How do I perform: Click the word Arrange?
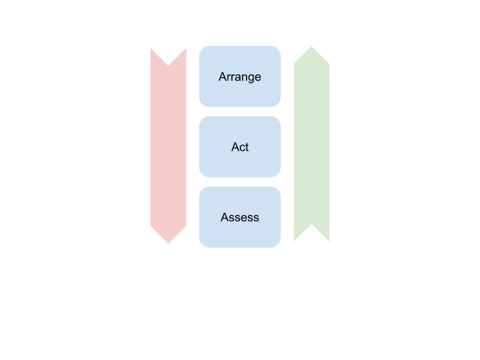click(x=239, y=77)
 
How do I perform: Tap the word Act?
click(x=239, y=147)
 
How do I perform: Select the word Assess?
click(x=239, y=217)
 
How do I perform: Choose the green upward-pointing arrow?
click(x=311, y=145)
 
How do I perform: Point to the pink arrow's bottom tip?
click(x=168, y=243)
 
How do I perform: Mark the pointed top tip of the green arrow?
click(x=311, y=46)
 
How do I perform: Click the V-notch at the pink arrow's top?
click(x=168, y=64)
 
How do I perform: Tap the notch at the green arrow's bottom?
click(x=311, y=225)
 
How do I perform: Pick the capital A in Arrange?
click(x=222, y=77)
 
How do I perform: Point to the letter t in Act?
click(x=246, y=147)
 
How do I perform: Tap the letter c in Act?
click(x=241, y=148)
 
